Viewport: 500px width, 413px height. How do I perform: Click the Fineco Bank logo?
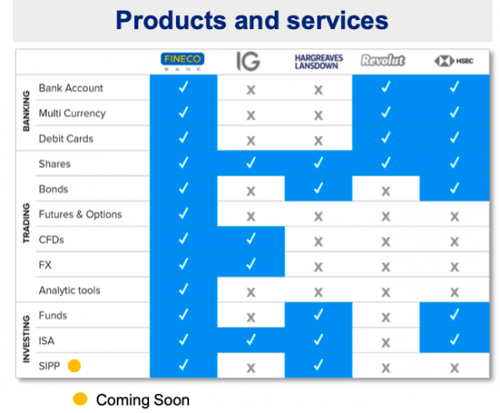click(x=182, y=62)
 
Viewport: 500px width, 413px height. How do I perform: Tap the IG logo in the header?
click(x=248, y=61)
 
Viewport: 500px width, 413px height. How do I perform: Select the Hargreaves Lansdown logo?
click(x=318, y=62)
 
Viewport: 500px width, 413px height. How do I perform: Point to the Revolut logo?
click(x=383, y=60)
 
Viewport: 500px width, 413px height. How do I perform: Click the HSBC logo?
click(x=454, y=61)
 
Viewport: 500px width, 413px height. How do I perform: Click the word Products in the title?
click(x=171, y=20)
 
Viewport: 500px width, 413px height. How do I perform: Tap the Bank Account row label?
click(x=71, y=88)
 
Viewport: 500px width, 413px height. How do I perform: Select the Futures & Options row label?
click(x=80, y=215)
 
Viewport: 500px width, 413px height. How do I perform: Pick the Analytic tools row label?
click(x=69, y=291)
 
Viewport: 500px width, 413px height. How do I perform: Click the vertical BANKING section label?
click(x=26, y=112)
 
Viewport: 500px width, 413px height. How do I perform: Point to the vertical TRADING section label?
click(x=26, y=223)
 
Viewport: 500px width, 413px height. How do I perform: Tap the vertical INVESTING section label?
click(x=26, y=339)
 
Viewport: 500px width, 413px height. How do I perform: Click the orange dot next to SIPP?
click(x=74, y=366)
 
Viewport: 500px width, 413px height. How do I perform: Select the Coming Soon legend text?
click(x=142, y=400)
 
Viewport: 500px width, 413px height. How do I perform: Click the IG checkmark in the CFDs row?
click(x=251, y=238)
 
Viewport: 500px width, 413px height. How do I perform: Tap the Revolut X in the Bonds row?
click(x=386, y=192)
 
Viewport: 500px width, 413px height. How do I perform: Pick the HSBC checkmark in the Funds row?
click(x=454, y=315)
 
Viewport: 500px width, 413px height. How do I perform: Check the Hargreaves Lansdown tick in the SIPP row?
click(x=318, y=365)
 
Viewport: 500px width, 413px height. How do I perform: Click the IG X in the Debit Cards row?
click(x=251, y=141)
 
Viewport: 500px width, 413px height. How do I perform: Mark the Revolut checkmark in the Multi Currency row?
click(x=386, y=112)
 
